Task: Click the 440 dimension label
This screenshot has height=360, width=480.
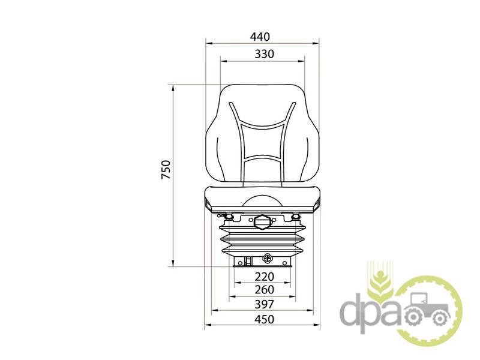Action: click(x=260, y=37)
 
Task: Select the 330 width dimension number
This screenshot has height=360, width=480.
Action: click(x=265, y=54)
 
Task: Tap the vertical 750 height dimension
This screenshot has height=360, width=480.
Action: click(x=166, y=169)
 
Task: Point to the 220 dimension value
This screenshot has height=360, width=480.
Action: click(x=265, y=277)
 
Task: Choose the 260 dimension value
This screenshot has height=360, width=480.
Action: click(x=265, y=289)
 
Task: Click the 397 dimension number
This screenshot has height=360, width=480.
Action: click(x=265, y=304)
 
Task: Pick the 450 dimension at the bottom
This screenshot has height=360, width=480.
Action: click(x=265, y=319)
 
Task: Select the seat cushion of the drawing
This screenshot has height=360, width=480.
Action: click(x=262, y=200)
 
